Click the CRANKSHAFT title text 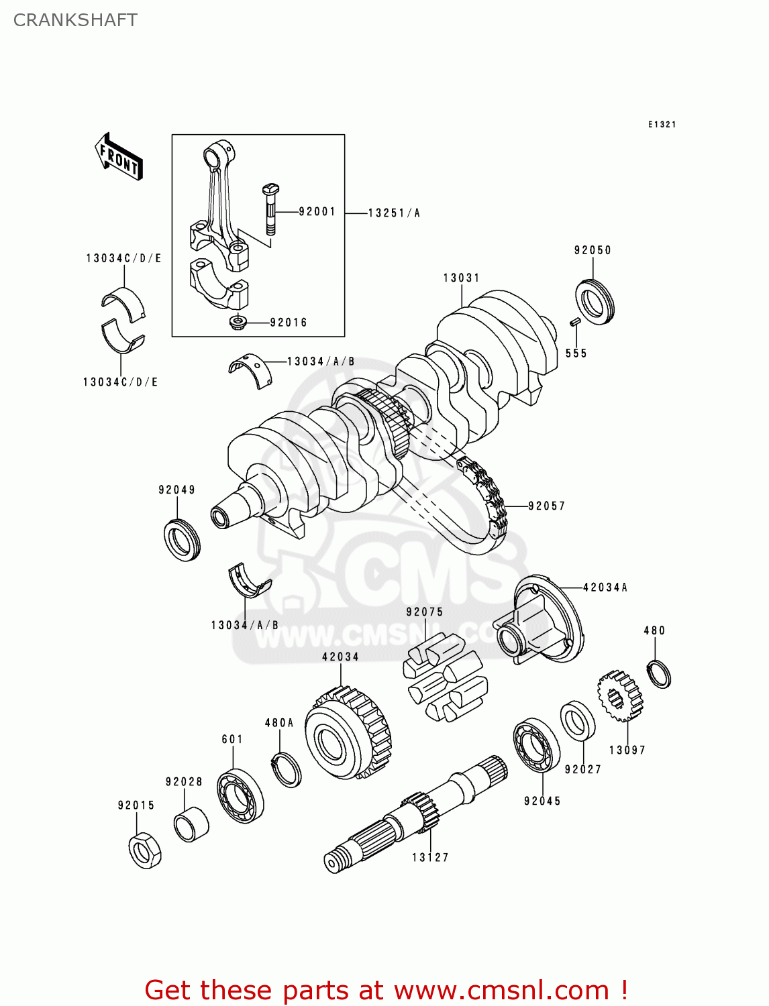(x=75, y=20)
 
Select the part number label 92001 (x=317, y=211)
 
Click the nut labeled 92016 (x=238, y=323)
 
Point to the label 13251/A (x=394, y=213)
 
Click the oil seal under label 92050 (x=595, y=301)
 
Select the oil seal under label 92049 (x=182, y=540)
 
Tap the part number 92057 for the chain (x=546, y=506)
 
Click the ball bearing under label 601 (x=240, y=795)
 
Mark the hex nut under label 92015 (x=144, y=851)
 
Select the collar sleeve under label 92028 (x=191, y=824)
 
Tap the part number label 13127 (x=430, y=857)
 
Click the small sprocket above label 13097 (x=620, y=696)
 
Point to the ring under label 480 (x=659, y=673)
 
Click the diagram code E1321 (x=662, y=124)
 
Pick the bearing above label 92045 (x=537, y=744)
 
